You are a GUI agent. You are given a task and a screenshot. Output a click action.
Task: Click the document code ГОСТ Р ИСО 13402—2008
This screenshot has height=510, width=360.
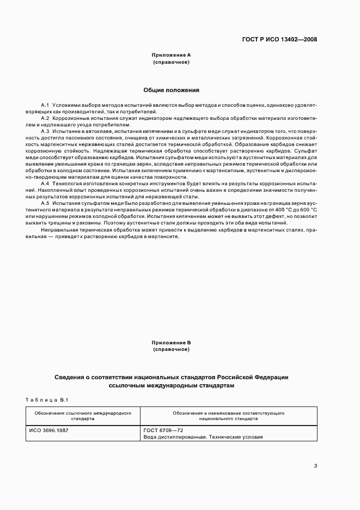(x=279, y=39)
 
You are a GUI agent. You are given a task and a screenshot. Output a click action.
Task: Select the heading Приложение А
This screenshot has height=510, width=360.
(x=171, y=56)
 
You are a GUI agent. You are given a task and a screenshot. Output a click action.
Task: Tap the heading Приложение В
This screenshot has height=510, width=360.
(x=171, y=343)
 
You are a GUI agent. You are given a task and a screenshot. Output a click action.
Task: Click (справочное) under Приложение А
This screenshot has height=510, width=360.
(x=171, y=63)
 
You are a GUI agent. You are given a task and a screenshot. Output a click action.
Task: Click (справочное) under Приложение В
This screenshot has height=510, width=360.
(x=171, y=350)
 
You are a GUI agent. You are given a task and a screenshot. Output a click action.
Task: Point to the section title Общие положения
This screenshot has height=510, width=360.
(x=171, y=90)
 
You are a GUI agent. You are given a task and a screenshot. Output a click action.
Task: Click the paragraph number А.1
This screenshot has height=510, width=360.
(x=45, y=104)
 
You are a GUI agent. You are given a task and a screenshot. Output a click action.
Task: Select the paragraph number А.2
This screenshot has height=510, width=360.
(x=45, y=118)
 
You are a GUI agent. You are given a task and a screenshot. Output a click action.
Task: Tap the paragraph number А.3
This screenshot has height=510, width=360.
(x=45, y=131)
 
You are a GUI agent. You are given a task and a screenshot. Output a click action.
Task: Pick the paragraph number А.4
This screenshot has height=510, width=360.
(x=45, y=184)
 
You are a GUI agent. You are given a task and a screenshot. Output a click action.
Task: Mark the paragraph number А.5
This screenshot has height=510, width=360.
(x=45, y=203)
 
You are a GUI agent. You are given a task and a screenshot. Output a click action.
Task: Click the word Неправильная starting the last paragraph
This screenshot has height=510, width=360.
(x=57, y=229)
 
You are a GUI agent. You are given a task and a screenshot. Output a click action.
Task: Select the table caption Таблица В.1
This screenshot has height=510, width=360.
(x=46, y=400)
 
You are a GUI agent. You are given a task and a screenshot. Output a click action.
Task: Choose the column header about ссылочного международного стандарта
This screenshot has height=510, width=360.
(x=82, y=416)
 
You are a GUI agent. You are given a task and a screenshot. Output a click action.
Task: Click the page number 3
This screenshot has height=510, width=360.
(x=315, y=465)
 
